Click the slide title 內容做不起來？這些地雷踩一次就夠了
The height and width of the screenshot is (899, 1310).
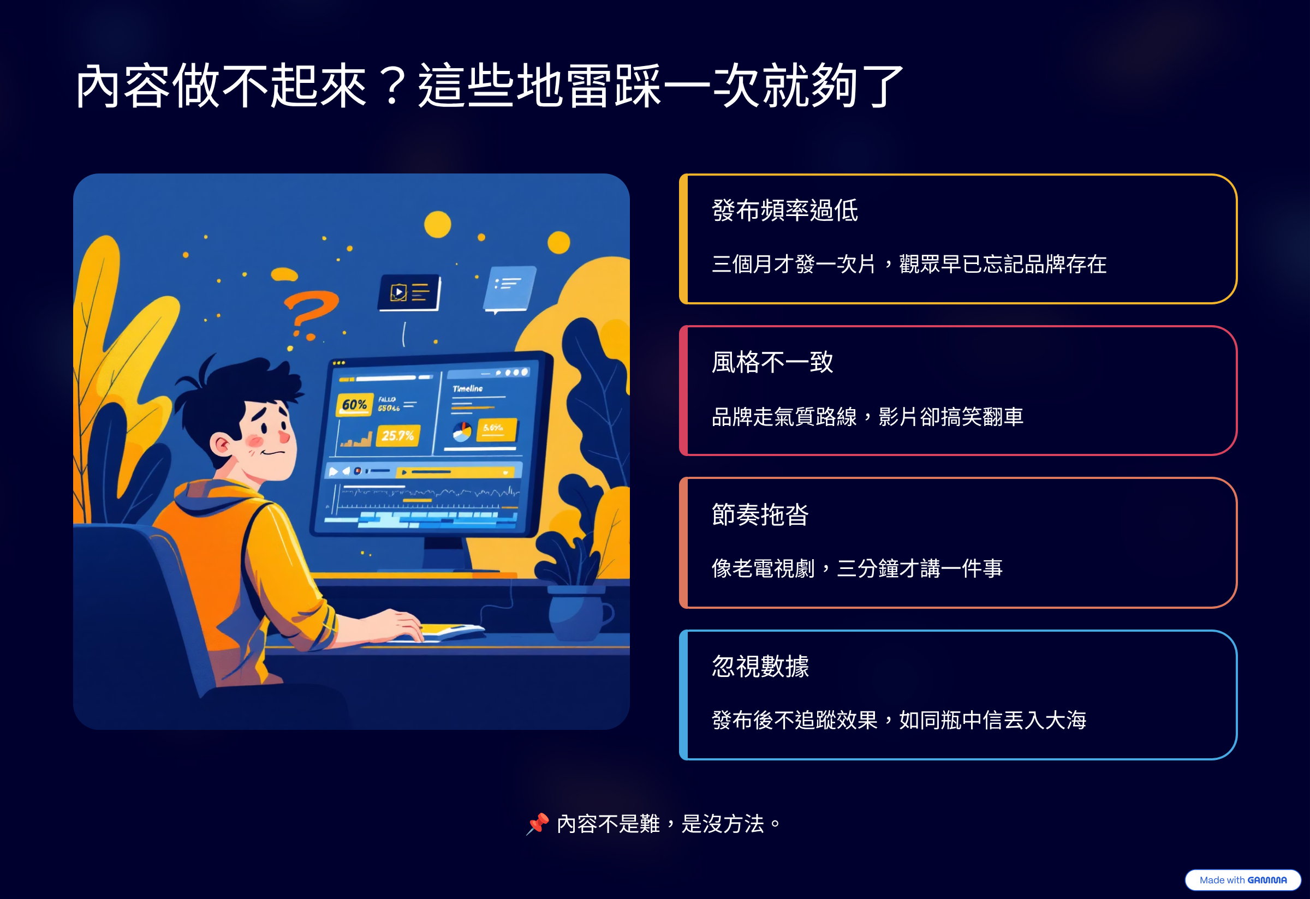click(x=489, y=86)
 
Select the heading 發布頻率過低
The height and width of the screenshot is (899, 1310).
click(x=785, y=211)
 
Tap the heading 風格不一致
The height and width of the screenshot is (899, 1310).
click(x=772, y=362)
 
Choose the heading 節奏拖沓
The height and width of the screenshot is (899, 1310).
click(x=760, y=514)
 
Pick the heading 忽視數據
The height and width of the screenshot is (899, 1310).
click(x=760, y=667)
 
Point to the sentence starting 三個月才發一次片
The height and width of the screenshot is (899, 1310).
click(x=909, y=264)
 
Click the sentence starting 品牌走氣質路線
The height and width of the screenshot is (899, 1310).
click(x=867, y=417)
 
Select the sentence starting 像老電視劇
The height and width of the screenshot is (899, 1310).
click(x=857, y=568)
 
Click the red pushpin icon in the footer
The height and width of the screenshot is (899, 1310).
click(x=537, y=824)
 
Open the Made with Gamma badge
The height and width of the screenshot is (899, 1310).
click(x=1242, y=880)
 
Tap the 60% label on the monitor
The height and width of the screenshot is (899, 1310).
click(x=355, y=404)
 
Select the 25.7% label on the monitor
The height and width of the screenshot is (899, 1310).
click(x=397, y=435)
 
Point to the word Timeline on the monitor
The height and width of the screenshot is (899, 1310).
click(x=468, y=388)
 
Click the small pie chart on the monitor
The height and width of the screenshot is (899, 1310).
click(x=462, y=432)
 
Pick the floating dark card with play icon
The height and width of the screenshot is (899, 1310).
click(x=409, y=292)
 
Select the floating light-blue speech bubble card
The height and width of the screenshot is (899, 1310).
click(x=510, y=289)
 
